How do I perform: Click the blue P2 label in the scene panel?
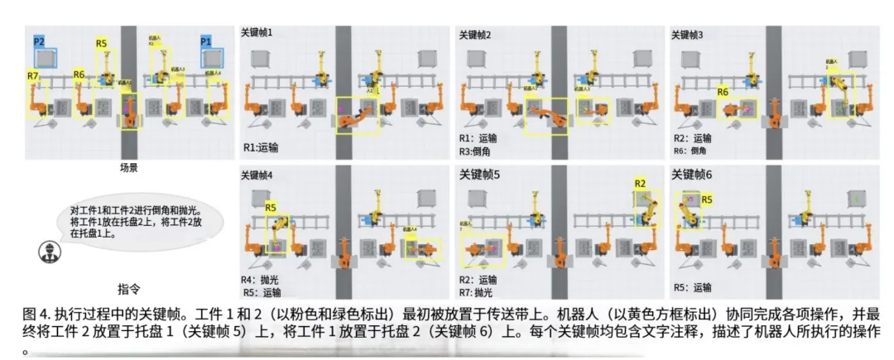[39, 41]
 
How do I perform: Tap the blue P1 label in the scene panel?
[206, 41]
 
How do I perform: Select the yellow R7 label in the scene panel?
[33, 75]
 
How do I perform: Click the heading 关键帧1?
[257, 33]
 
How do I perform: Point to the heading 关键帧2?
[475, 35]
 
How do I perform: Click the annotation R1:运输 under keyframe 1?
[262, 147]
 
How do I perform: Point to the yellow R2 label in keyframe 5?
[640, 183]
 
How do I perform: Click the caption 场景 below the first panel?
[128, 167]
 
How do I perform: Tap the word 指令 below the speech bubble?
[128, 289]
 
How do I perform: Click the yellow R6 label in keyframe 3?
[723, 92]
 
